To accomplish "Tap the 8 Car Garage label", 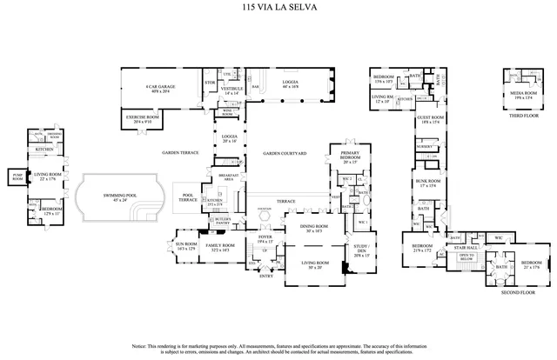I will [x=159, y=88].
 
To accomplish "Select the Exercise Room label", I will [x=136, y=120].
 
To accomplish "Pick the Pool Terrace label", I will [x=187, y=197].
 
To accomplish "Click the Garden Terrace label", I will [x=179, y=153].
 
